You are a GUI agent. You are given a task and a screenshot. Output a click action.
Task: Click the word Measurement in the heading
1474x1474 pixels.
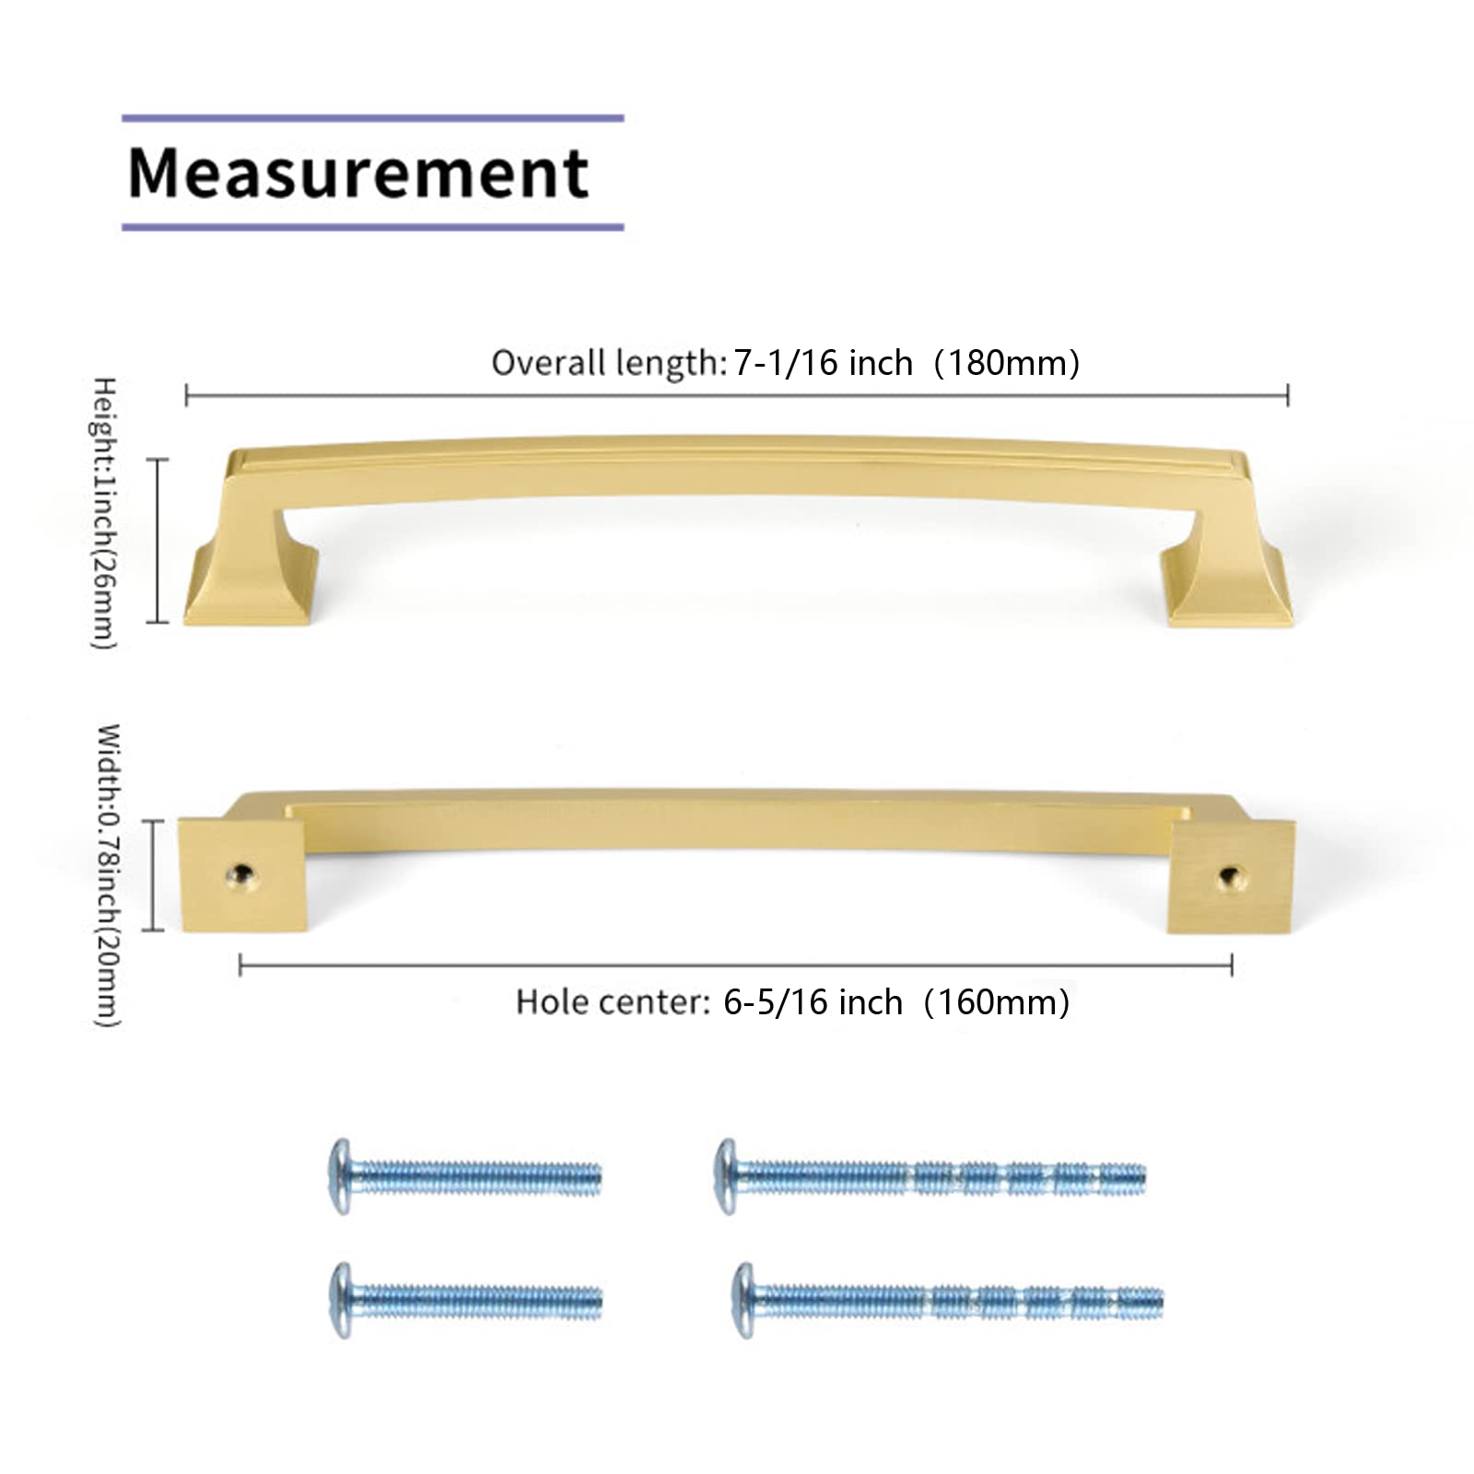point(357,173)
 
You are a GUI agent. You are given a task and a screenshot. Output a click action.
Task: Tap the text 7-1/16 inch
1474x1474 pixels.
point(823,363)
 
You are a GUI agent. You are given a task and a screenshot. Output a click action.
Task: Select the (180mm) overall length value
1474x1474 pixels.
point(1007,363)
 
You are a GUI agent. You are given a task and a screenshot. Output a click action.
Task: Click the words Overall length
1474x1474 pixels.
point(609,363)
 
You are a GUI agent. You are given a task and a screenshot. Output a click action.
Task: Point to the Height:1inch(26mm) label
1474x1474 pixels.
point(104,513)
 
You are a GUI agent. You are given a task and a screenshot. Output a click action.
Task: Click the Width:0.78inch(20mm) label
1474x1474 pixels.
point(108,875)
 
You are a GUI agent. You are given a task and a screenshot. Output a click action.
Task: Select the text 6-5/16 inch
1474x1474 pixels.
point(813,1002)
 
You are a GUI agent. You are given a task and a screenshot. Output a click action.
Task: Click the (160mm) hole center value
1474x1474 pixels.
point(997,1002)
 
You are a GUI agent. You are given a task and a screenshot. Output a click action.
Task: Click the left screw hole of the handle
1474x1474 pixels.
point(241,874)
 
